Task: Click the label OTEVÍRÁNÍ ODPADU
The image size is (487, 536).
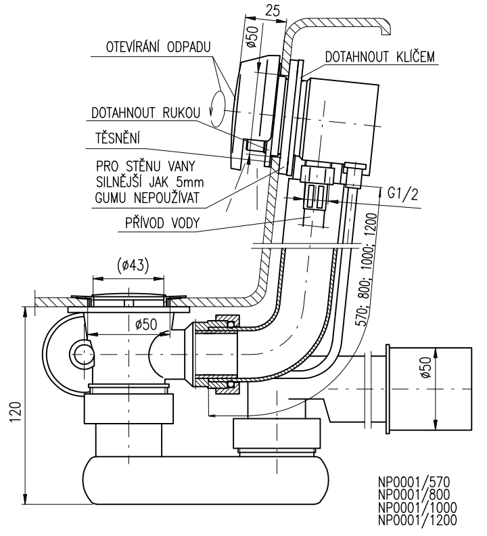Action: pyautogui.click(x=158, y=47)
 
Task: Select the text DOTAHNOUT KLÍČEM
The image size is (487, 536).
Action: pyautogui.click(x=379, y=56)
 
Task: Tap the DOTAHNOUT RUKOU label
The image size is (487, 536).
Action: pyautogui.click(x=145, y=113)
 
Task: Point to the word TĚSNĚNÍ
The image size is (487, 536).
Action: pyautogui.click(x=118, y=138)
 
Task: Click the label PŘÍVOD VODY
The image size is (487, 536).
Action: pyautogui.click(x=162, y=223)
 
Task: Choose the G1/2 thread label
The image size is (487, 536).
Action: pyautogui.click(x=402, y=194)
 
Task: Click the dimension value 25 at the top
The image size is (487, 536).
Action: pyautogui.click(x=273, y=11)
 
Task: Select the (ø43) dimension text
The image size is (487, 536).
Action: pyautogui.click(x=133, y=265)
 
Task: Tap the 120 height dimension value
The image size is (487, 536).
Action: pyautogui.click(x=16, y=412)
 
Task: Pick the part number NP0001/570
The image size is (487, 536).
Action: pyautogui.click(x=414, y=483)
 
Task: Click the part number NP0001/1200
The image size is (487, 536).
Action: pyautogui.click(x=417, y=520)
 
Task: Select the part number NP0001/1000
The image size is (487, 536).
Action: pyautogui.click(x=417, y=508)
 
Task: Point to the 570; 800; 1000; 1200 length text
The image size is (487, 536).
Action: pyautogui.click(x=367, y=269)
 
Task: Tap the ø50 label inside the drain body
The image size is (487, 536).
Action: pyautogui.click(x=146, y=324)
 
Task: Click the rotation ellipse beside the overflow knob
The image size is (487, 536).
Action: pyautogui.click(x=218, y=108)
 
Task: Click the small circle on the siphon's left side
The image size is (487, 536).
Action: pyautogui.click(x=82, y=354)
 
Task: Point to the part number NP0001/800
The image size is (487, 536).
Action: pyautogui.click(x=414, y=495)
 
